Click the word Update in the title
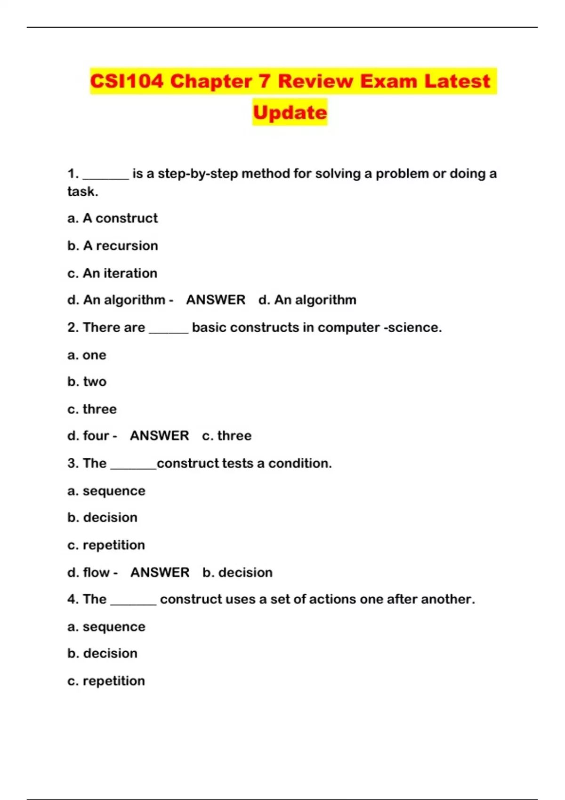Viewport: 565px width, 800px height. (290, 112)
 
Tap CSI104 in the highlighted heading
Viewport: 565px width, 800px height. (127, 81)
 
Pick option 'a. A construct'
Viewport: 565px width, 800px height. (113, 218)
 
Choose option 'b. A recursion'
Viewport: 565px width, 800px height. (113, 246)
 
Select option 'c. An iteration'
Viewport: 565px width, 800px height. (112, 273)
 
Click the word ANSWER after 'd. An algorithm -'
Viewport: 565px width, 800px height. (216, 300)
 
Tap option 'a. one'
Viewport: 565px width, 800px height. (87, 355)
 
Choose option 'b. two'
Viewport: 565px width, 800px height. (87, 382)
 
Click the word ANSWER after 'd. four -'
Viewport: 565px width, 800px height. (159, 436)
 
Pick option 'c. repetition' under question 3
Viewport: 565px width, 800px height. (106, 545)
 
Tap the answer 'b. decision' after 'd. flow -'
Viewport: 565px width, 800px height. (237, 572)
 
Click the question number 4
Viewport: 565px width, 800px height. (72, 599)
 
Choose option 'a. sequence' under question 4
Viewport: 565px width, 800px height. (106, 627)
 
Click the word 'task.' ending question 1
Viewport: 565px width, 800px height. (83, 192)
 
